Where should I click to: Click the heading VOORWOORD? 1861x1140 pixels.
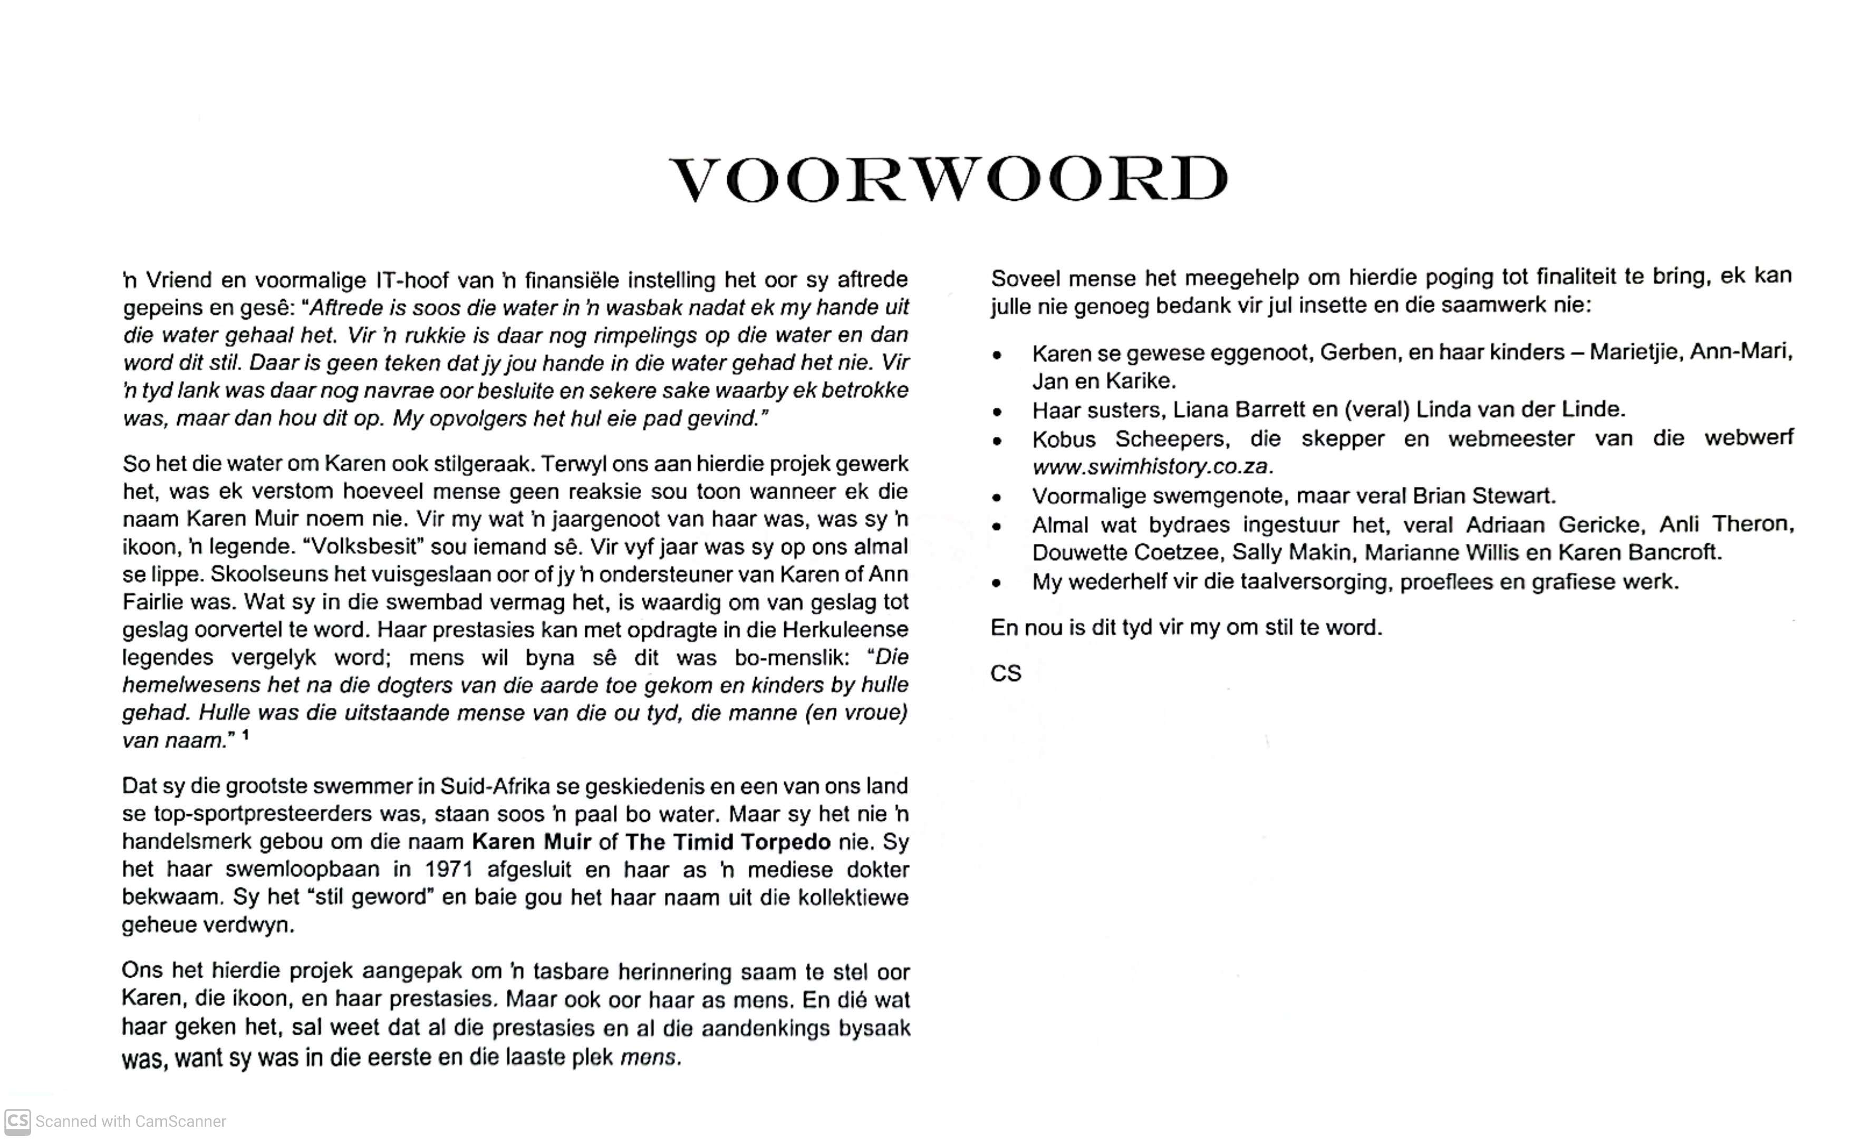pyautogui.click(x=949, y=180)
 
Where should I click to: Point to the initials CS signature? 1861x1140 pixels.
pyautogui.click(x=1005, y=674)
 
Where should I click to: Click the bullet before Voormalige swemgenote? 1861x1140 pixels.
pyautogui.click(x=998, y=498)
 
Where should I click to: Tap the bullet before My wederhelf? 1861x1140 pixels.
pyautogui.click(x=998, y=583)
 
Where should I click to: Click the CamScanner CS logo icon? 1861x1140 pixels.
pyautogui.click(x=17, y=1120)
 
